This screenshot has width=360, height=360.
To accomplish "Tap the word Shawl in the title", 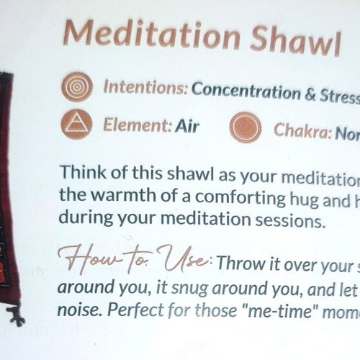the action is [x=295, y=40].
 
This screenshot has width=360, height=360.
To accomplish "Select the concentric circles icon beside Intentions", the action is [x=77, y=87].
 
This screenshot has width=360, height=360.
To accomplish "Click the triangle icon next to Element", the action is [x=76, y=125].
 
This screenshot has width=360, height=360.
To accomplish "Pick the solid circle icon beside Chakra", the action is [x=246, y=127].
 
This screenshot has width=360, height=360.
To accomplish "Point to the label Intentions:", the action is [x=145, y=87].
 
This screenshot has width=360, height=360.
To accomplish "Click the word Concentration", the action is [x=246, y=91].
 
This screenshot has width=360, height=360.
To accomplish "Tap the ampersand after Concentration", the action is [x=310, y=95].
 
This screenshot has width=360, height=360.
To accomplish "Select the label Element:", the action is [x=138, y=125].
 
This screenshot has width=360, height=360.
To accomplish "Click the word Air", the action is [x=187, y=126].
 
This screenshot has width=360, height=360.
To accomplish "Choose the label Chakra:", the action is [x=302, y=131].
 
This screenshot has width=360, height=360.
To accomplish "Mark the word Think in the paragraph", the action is [x=84, y=172].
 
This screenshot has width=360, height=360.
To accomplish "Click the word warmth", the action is [x=125, y=195].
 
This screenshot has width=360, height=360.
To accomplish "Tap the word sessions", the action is [x=290, y=221].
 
